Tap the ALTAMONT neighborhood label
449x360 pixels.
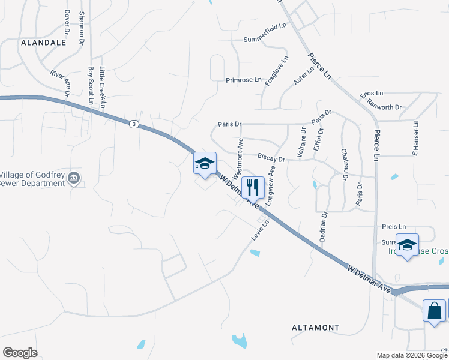(x=315, y=328)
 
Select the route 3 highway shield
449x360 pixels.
(x=133, y=124)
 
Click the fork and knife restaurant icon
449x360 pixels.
(x=253, y=187)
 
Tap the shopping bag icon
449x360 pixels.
(x=435, y=311)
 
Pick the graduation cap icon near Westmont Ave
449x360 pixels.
(x=204, y=164)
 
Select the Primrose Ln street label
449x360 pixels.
(x=244, y=80)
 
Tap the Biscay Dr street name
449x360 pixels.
(x=271, y=158)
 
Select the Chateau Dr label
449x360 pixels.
(x=345, y=164)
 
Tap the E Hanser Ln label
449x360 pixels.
(x=415, y=139)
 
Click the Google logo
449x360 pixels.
(x=20, y=353)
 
